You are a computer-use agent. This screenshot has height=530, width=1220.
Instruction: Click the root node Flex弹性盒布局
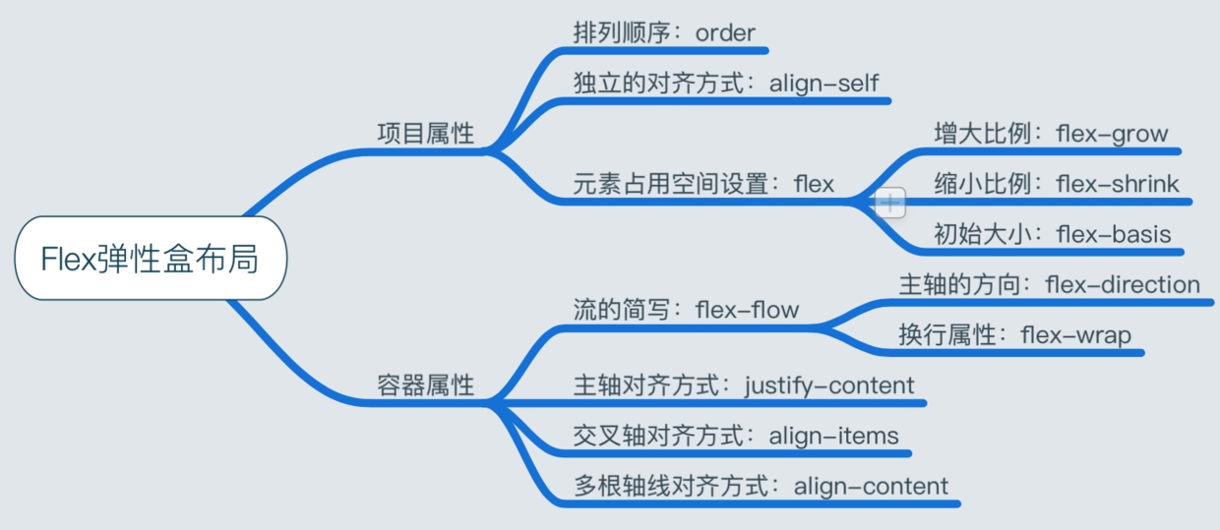150,259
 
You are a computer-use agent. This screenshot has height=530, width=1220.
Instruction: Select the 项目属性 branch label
425,135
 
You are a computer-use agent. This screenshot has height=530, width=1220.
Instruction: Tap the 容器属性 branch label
425,385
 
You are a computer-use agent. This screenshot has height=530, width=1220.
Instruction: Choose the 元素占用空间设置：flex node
703,184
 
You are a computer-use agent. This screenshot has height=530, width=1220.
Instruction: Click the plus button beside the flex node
890,204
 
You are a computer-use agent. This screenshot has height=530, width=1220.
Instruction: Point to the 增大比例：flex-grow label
1050,134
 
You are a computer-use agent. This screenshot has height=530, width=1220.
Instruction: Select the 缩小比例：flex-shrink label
1056,184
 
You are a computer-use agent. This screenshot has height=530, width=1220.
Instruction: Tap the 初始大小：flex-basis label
1052,234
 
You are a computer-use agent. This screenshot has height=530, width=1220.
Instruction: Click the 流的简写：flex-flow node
686,311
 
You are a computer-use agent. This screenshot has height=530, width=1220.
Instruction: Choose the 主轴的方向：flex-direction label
1049,285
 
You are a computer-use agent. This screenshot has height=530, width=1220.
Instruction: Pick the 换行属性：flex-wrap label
1014,335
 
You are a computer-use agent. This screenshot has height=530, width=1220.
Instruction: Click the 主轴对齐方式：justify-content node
744,385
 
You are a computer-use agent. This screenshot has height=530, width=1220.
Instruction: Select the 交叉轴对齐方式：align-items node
736,436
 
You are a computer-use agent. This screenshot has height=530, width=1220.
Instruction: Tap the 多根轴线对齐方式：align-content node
761,486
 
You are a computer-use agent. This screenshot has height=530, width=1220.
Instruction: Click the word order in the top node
724,31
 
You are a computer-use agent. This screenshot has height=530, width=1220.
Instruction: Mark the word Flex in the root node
69,259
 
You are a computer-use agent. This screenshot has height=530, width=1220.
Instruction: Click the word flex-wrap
1076,335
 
